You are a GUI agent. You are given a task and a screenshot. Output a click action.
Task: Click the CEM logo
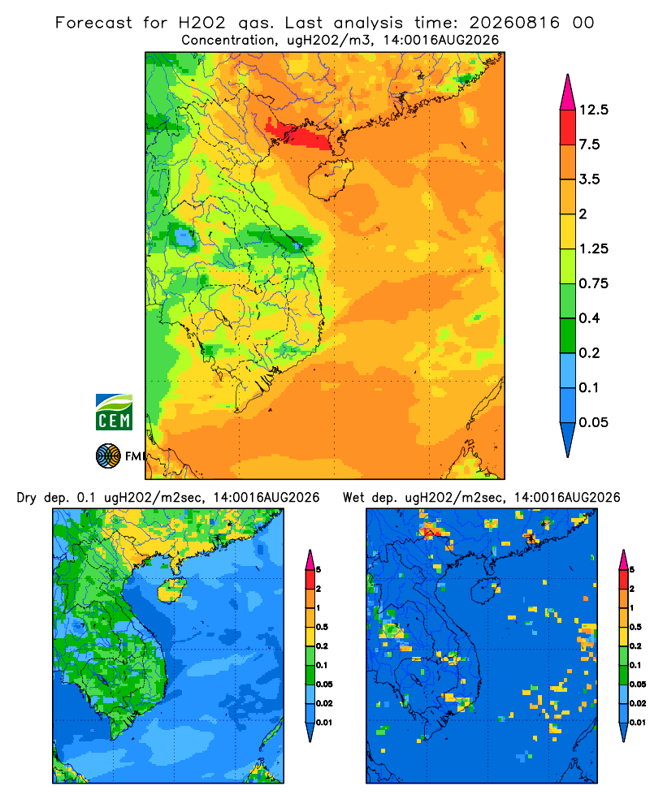[114, 412]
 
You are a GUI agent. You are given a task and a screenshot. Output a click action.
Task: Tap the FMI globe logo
[108, 456]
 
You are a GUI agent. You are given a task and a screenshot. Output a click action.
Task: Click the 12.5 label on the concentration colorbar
[593, 110]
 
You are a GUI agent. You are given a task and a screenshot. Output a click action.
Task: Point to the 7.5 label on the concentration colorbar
[589, 145]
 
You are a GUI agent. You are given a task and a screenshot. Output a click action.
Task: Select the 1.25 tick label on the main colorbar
[593, 248]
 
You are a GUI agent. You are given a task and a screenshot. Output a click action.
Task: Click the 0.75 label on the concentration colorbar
[593, 283]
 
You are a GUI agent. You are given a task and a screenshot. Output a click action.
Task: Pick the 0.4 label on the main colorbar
[589, 318]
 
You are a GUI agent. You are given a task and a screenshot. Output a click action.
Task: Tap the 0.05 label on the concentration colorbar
[593, 422]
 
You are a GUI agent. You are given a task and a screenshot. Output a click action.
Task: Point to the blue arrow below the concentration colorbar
[568, 438]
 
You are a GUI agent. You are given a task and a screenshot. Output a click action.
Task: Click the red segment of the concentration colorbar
[568, 127]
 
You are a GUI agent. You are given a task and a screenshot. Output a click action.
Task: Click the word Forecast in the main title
[93, 23]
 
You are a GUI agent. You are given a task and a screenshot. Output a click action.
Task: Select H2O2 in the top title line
[202, 23]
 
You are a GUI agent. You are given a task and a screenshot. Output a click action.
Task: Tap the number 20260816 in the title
[514, 23]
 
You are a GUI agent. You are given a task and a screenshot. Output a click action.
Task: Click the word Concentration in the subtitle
[228, 41]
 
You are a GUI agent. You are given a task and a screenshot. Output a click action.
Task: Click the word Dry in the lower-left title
[27, 498]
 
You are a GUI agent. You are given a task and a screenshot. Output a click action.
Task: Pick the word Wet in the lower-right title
[354, 498]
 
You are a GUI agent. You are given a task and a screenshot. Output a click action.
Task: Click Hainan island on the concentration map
[331, 179]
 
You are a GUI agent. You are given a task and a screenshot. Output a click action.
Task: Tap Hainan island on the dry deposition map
[171, 590]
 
